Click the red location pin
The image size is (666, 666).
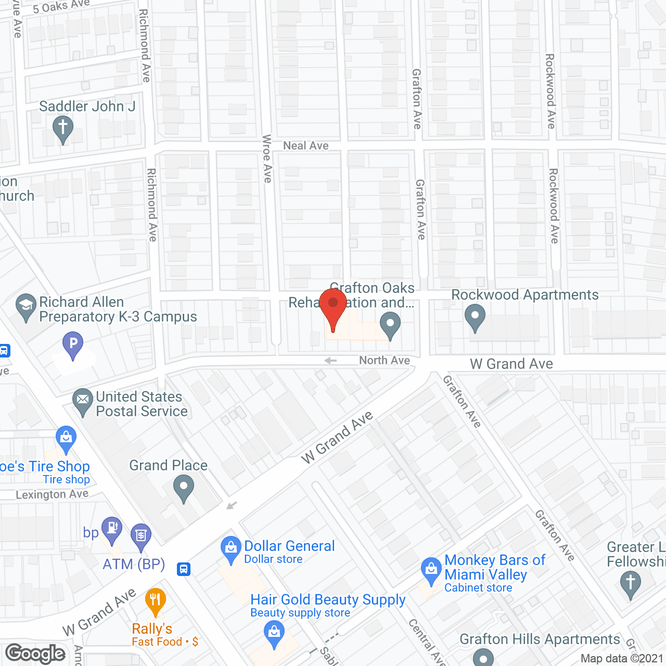pos(333,307)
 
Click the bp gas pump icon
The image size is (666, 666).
pos(112,529)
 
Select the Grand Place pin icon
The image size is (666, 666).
pos(183,489)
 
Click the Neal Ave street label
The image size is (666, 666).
pos(305,146)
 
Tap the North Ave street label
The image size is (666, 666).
pos(384,360)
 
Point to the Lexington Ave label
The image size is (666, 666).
pos(52,494)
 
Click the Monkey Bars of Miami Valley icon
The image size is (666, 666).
pos(431,570)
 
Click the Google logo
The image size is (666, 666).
pos(35,654)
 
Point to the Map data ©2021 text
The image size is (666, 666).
pos(621,658)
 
